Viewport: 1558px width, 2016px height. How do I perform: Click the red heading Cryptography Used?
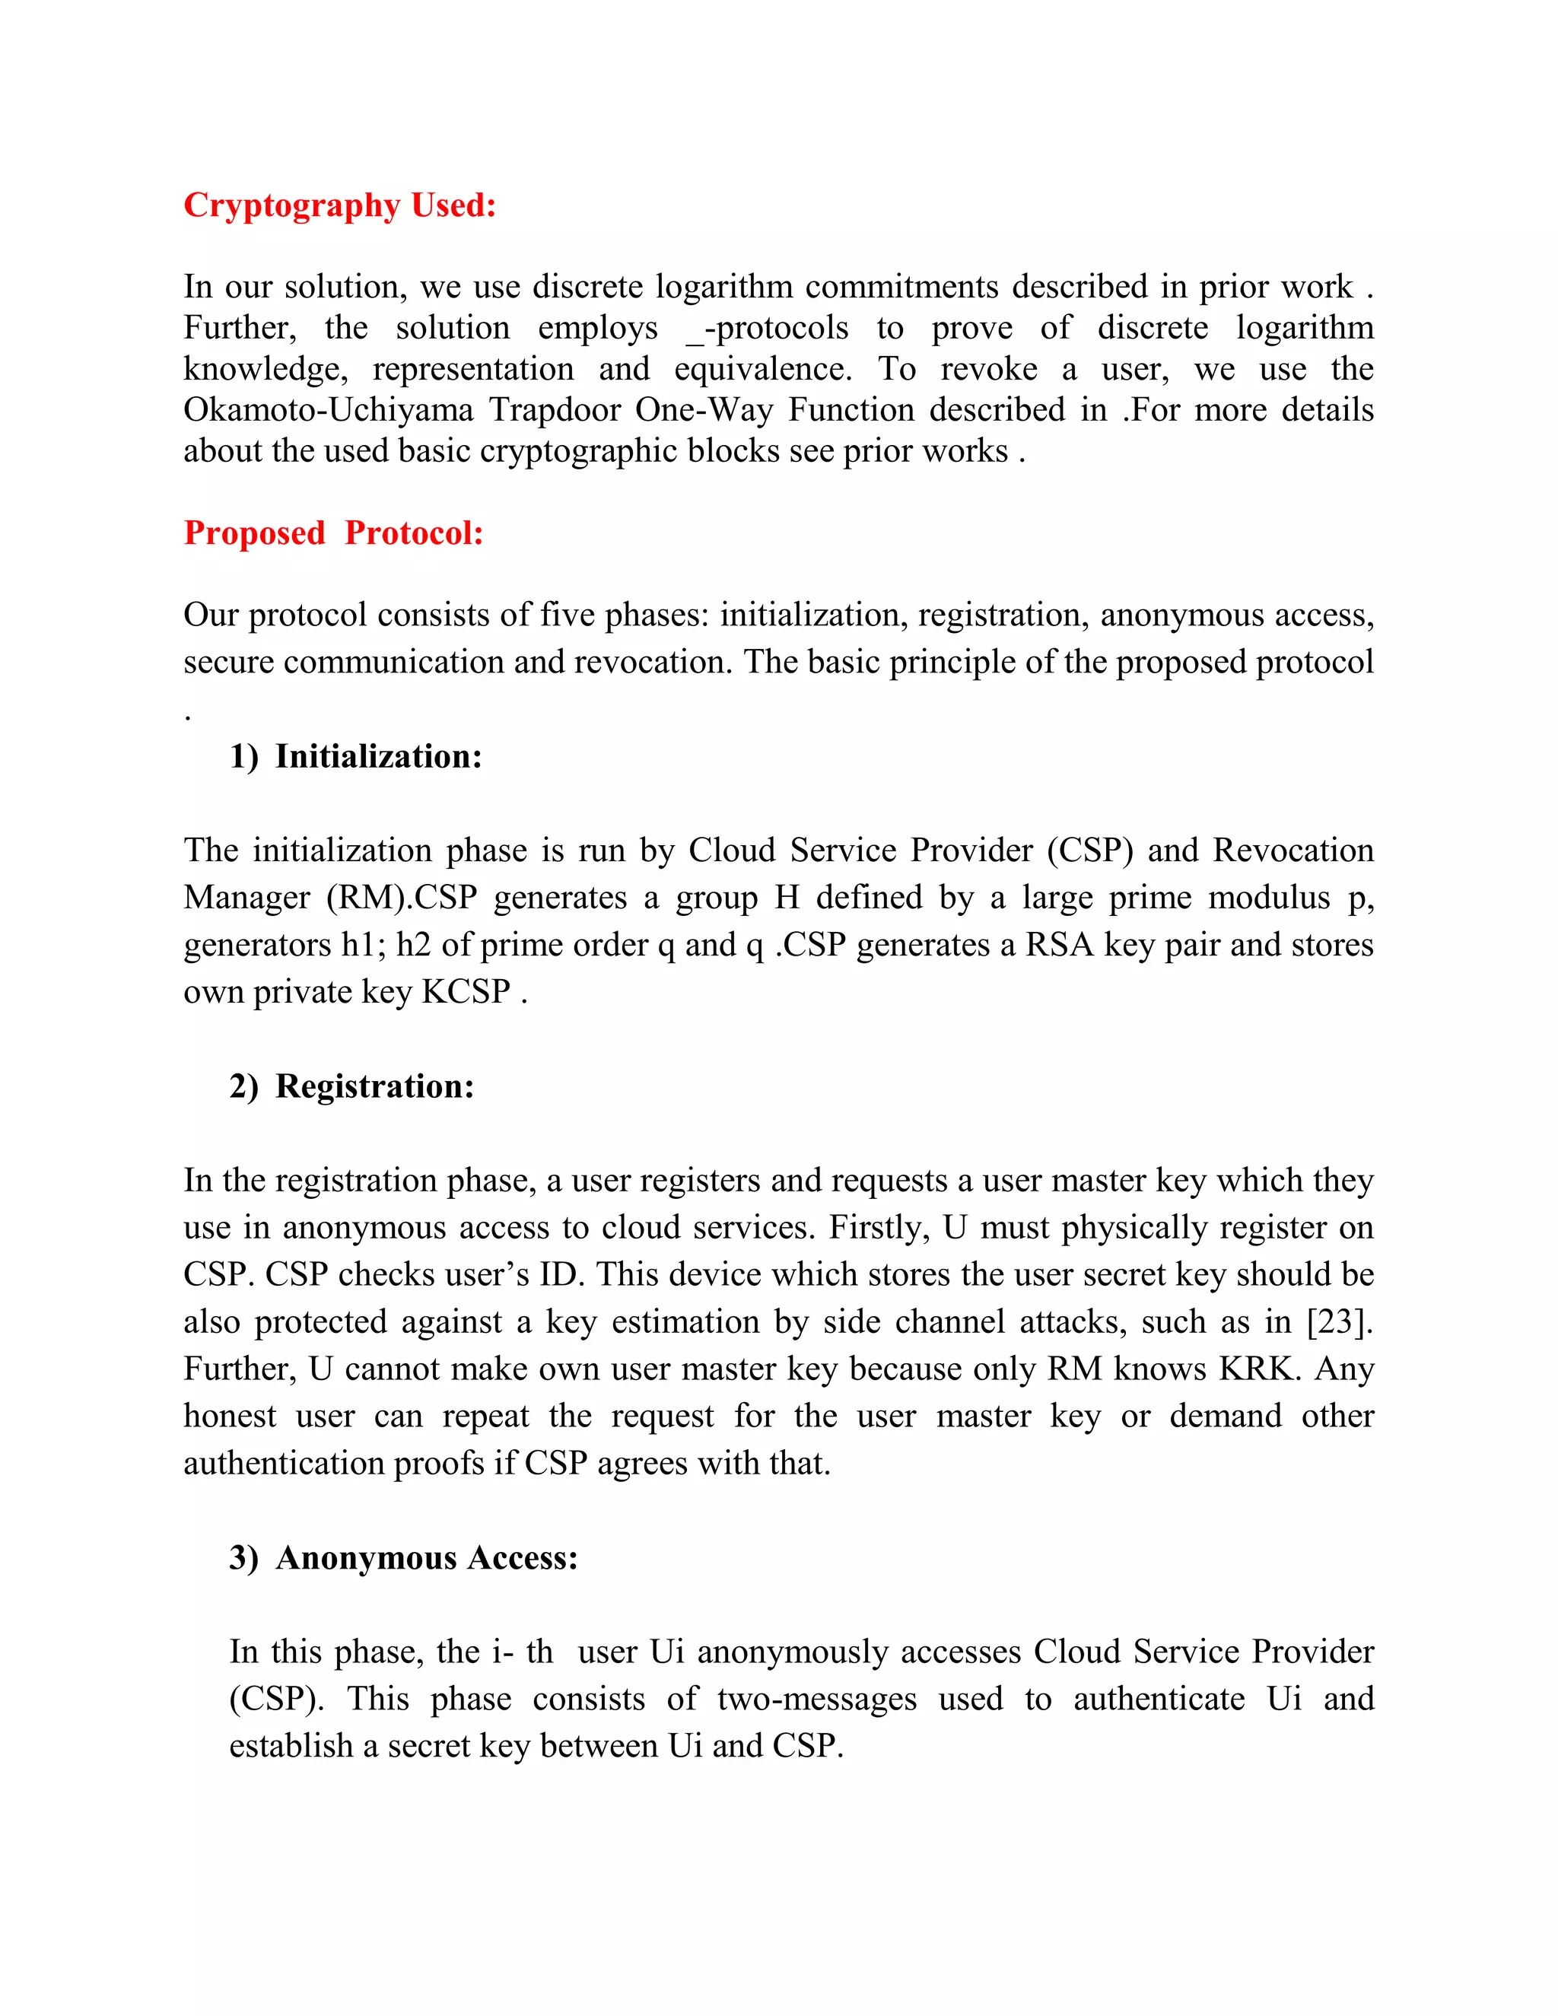(339, 205)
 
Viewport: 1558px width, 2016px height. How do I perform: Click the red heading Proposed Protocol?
(333, 533)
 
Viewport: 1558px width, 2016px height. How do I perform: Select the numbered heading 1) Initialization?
(355, 757)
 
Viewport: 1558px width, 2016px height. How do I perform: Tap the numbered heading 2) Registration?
(351, 1086)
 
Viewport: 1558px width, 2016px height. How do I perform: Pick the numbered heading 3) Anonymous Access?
(403, 1558)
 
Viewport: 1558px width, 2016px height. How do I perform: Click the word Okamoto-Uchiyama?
(328, 410)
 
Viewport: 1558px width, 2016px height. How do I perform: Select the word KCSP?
(466, 992)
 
